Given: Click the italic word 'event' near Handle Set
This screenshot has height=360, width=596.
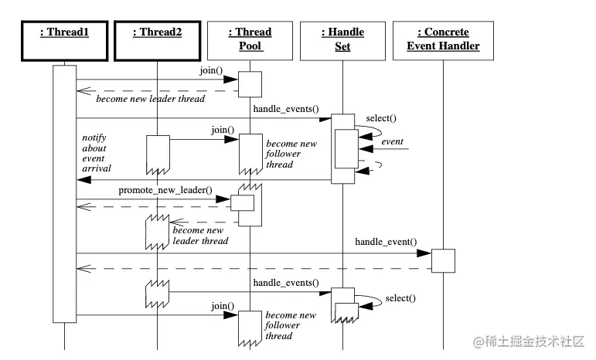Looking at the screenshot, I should point(392,141).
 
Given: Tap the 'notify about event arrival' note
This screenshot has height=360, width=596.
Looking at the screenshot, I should point(97,152).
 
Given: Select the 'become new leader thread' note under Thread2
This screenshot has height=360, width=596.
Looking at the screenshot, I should point(200,236).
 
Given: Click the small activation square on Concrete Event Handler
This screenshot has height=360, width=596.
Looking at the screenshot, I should point(443,260).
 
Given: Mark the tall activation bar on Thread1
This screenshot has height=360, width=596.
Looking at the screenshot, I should point(64,193).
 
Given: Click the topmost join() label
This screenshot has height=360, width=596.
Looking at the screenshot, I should point(210,70).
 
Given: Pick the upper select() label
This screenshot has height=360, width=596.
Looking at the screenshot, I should point(381,117).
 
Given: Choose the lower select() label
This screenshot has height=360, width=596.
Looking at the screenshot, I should point(400,297).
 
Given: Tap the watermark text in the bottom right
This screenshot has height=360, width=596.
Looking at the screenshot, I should point(530,341).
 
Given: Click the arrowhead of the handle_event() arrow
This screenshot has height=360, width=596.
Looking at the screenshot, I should point(424,253).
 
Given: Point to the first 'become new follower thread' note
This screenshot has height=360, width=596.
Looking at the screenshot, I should point(291,154).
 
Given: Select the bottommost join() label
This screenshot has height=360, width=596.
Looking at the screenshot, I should point(223,306).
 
